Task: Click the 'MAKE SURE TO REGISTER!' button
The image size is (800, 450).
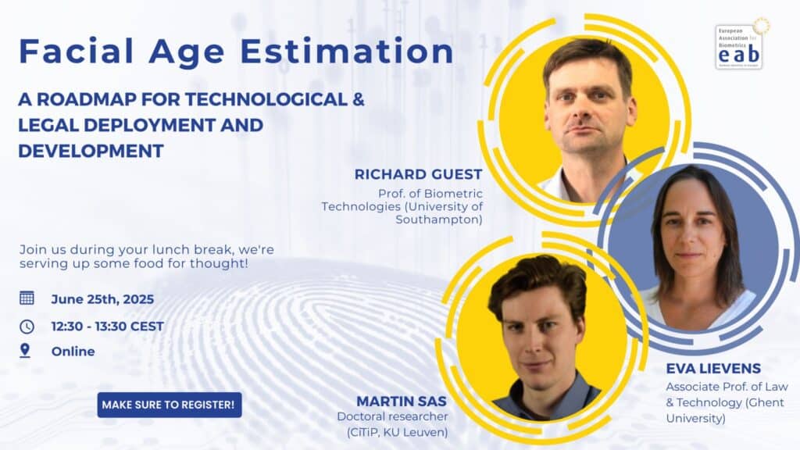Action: (170, 405)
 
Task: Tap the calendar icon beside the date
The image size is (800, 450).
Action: (27, 298)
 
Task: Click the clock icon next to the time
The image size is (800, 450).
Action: (27, 327)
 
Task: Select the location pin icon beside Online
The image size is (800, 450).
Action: (24, 351)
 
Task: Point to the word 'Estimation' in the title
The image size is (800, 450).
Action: (346, 52)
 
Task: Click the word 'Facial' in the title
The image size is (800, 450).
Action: (76, 51)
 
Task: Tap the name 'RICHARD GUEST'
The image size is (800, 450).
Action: (419, 174)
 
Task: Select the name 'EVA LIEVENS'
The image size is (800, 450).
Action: (713, 369)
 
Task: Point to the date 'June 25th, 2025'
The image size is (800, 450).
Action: (102, 299)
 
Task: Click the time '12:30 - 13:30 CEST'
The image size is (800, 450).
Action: (108, 327)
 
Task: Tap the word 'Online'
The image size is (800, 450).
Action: (73, 352)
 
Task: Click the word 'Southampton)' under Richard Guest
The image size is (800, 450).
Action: (439, 220)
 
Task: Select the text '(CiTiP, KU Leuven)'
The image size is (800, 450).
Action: (398, 433)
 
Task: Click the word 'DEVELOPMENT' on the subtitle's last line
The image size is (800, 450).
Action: (91, 151)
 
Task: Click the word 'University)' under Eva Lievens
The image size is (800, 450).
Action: (695, 419)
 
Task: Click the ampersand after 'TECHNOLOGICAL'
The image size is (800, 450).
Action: (358, 99)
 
